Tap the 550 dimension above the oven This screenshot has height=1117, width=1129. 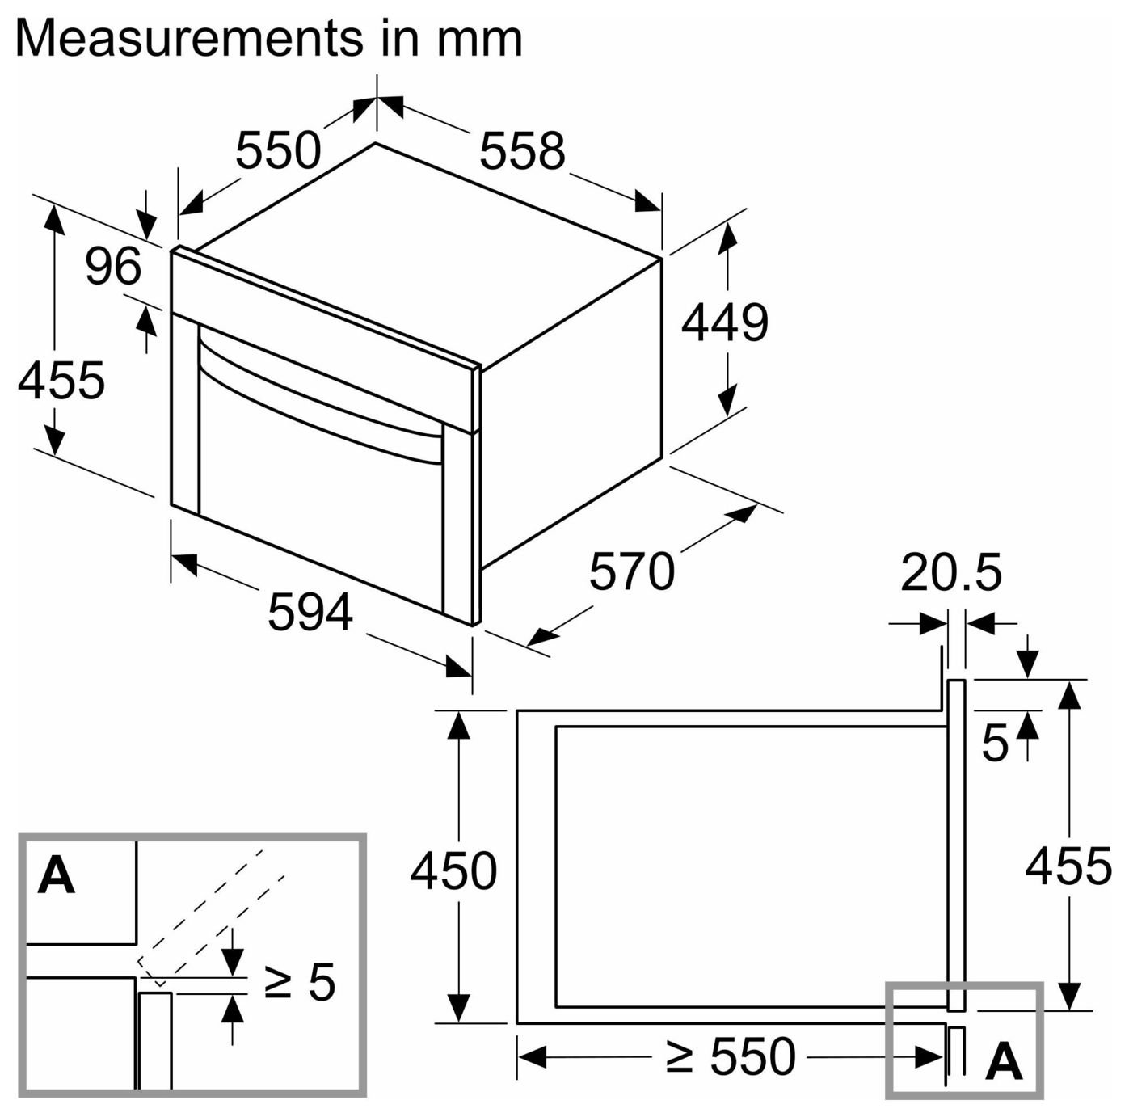point(278,150)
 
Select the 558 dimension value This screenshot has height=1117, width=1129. point(522,150)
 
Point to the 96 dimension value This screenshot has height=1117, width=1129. point(113,266)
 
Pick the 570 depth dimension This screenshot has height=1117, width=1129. point(632,571)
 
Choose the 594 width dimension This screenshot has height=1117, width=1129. point(310,613)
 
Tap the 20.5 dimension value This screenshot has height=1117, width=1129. point(951,572)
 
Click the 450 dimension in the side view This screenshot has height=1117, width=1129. point(453,870)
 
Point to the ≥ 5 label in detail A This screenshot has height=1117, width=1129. point(300,981)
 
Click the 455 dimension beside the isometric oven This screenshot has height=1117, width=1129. point(61,380)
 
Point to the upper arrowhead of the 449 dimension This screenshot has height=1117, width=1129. point(727,238)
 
